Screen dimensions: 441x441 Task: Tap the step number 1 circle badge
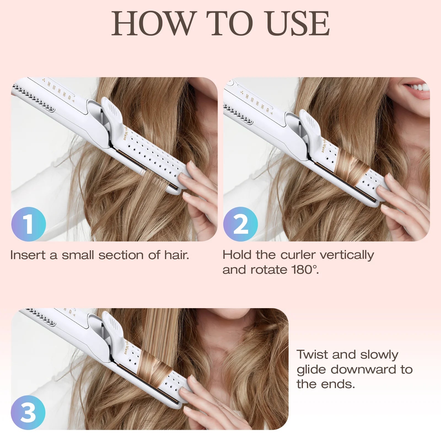(x=28, y=224)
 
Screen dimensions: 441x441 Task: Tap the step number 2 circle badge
(x=240, y=224)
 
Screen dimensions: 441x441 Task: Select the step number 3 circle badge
(x=28, y=413)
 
